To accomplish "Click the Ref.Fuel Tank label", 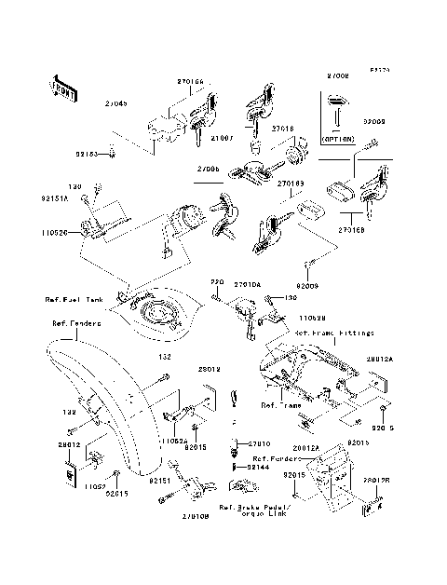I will (x=73, y=300).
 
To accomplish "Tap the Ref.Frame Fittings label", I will (x=334, y=332).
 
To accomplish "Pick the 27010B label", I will (x=196, y=515).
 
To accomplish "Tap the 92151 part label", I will (x=156, y=483).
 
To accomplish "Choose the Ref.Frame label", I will (x=277, y=405).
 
